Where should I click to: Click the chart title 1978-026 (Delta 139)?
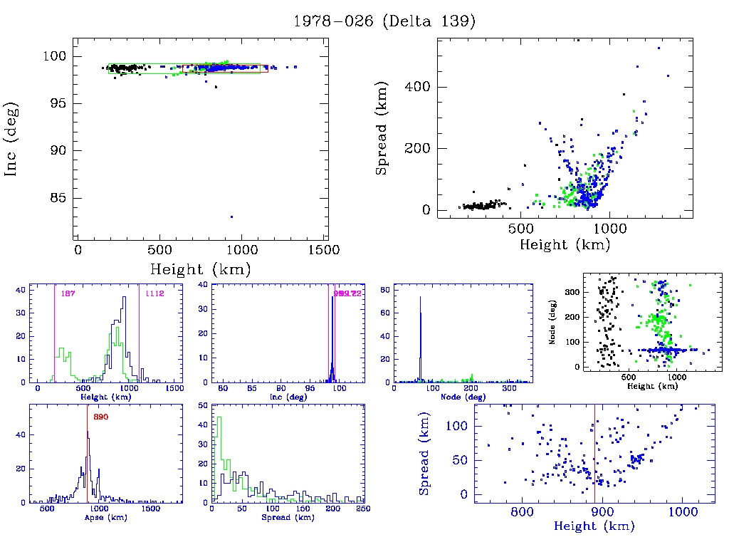[x=384, y=21]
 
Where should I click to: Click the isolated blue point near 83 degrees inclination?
[x=231, y=217]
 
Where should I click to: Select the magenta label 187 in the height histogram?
[x=68, y=293]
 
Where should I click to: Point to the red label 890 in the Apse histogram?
[x=100, y=417]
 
